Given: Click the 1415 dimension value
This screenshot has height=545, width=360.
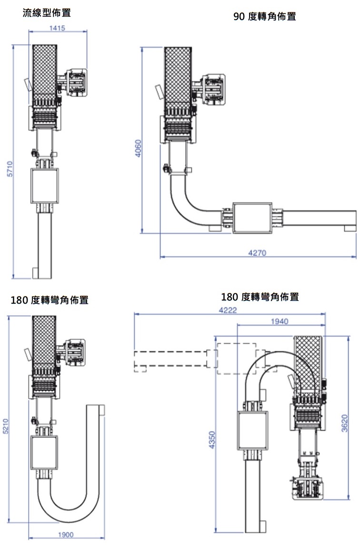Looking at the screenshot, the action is coord(58,28).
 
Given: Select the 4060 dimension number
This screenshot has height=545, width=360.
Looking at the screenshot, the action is coord(138,149).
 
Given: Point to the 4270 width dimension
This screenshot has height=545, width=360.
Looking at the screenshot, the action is coord(258,253).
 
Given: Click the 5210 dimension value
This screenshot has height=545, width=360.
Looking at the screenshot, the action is coord(6,426).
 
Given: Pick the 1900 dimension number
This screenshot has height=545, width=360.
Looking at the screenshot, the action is coord(66,535).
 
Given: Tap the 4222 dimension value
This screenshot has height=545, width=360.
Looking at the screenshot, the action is coord(228,310).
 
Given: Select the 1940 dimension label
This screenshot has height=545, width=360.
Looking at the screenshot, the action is coord(280,321).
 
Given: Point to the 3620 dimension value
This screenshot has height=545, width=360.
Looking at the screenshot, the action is coord(345,424).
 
